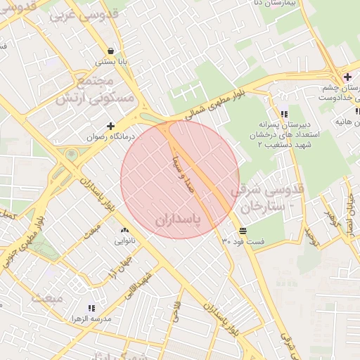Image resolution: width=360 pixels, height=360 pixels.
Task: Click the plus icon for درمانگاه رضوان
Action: click(x=111, y=125)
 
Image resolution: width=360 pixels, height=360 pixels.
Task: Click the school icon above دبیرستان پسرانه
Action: click(x=283, y=113)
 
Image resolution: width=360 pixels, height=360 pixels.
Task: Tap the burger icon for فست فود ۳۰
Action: click(x=243, y=231)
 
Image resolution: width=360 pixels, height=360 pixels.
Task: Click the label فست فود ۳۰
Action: click(x=243, y=241)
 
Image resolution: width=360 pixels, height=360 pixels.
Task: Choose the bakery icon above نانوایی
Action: click(x=125, y=230)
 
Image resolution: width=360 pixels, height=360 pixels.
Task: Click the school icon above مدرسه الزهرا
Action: click(x=91, y=307)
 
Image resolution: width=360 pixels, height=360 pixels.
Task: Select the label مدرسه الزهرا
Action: click(x=91, y=319)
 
